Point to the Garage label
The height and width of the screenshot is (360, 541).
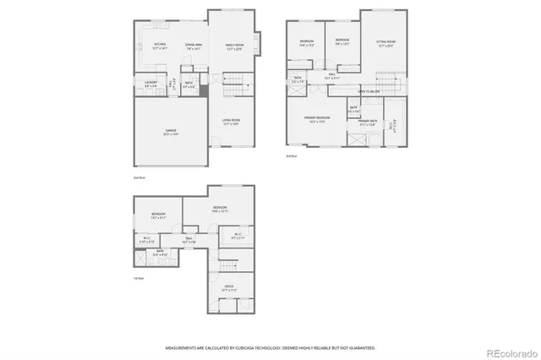171,132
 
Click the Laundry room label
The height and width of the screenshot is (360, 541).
150,84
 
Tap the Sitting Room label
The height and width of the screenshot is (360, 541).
386,42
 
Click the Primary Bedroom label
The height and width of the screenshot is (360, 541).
317,120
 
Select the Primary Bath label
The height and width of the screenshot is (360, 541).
368,123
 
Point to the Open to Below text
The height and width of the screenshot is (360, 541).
368,90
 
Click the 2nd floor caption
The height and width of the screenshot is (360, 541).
139,178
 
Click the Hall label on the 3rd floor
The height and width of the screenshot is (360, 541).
333,76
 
